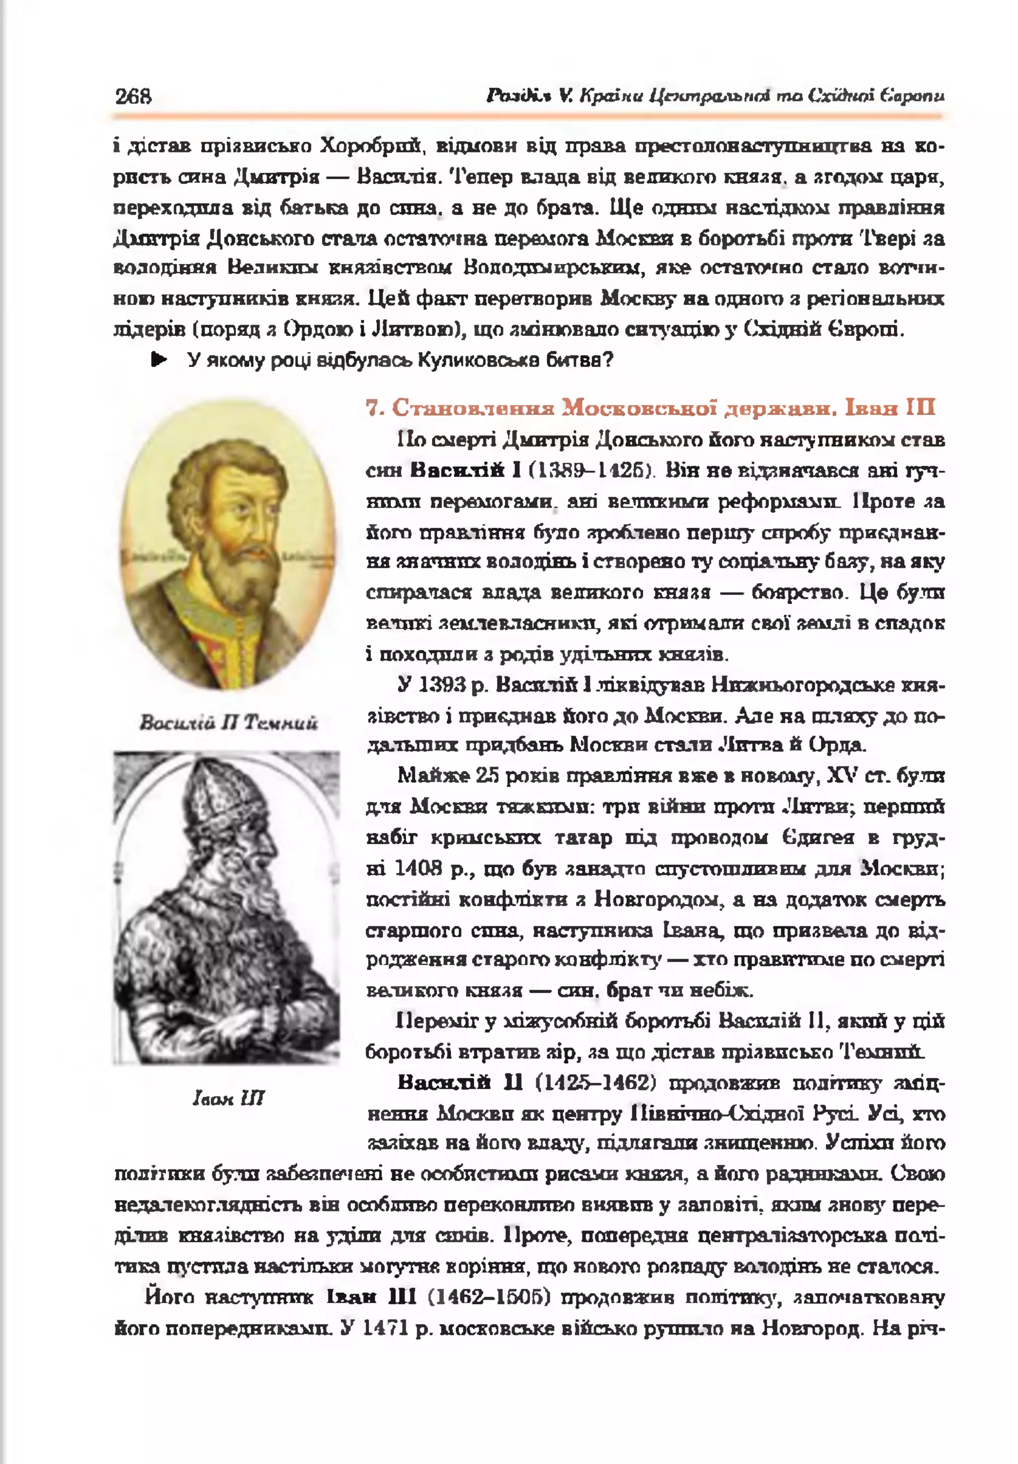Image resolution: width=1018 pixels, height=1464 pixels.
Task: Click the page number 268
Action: tap(133, 96)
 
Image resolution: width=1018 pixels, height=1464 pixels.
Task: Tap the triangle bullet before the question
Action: tap(158, 360)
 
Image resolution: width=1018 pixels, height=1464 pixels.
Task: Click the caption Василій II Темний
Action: tap(228, 723)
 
